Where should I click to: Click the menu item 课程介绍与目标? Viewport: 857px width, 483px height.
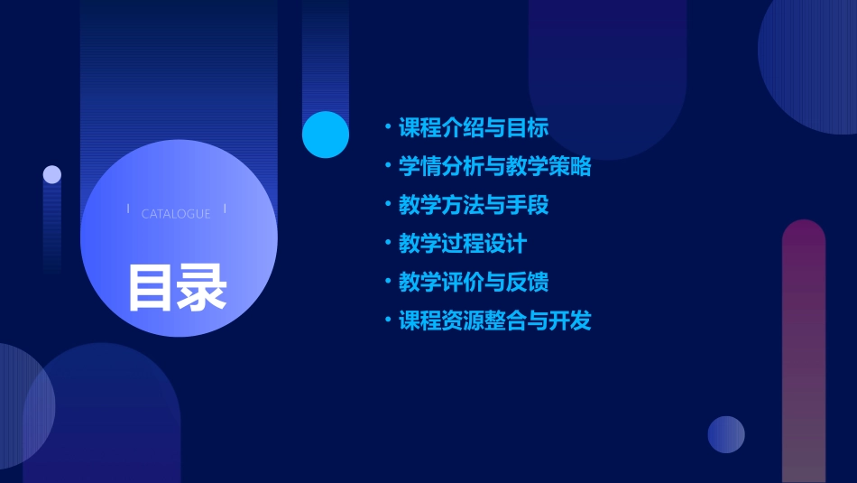pyautogui.click(x=474, y=127)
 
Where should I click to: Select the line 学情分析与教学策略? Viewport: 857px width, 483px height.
pyautogui.click(x=495, y=166)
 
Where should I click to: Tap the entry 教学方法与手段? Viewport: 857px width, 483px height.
pyautogui.click(x=474, y=205)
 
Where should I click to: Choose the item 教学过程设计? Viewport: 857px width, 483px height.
pyautogui.click(x=463, y=244)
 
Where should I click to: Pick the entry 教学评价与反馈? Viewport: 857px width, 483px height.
pyautogui.click(x=474, y=283)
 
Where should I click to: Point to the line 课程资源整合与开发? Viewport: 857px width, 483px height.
pyautogui.click(x=495, y=321)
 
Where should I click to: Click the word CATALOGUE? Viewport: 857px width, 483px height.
pyautogui.click(x=176, y=214)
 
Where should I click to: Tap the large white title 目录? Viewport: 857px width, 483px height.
pyautogui.click(x=177, y=287)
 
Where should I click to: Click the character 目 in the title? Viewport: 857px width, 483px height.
pyautogui.click(x=150, y=287)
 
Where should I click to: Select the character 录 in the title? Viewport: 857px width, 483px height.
pyautogui.click(x=202, y=287)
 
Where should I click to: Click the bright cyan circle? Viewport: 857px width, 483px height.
pyautogui.click(x=326, y=135)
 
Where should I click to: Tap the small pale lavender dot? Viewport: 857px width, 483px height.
pyautogui.click(x=52, y=174)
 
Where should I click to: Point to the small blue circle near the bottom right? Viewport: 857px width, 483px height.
pyautogui.click(x=726, y=434)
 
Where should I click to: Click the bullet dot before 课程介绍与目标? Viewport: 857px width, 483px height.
pyautogui.click(x=387, y=127)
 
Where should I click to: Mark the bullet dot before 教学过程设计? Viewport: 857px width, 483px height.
pyautogui.click(x=387, y=244)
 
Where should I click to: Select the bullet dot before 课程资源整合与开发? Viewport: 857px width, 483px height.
pyautogui.click(x=387, y=321)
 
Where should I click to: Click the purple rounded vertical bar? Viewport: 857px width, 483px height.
pyautogui.click(x=804, y=352)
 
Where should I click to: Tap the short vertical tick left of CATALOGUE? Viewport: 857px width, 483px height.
pyautogui.click(x=128, y=209)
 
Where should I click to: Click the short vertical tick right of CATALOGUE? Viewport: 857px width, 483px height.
pyautogui.click(x=225, y=209)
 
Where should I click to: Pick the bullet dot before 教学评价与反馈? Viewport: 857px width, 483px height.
pyautogui.click(x=387, y=283)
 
